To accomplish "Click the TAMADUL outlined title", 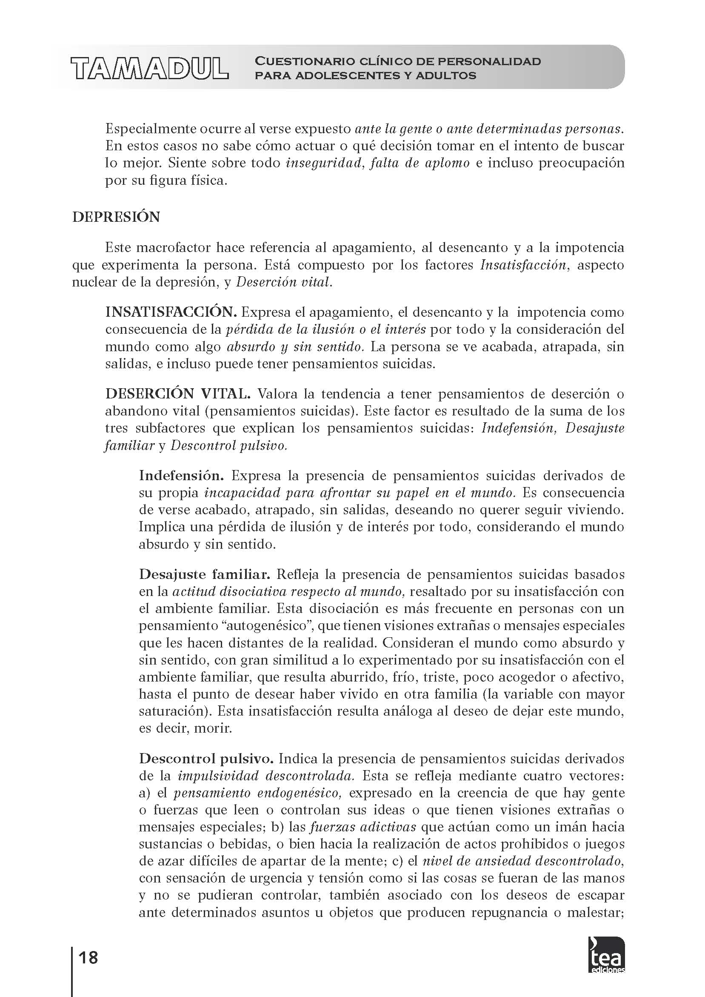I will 150,68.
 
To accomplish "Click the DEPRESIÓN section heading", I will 116,217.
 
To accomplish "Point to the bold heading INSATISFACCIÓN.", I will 171,312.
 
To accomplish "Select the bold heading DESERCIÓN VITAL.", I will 178,394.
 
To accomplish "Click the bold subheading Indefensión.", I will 181,476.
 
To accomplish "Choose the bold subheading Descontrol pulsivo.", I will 206,759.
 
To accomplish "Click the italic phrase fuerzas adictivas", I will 363,827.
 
